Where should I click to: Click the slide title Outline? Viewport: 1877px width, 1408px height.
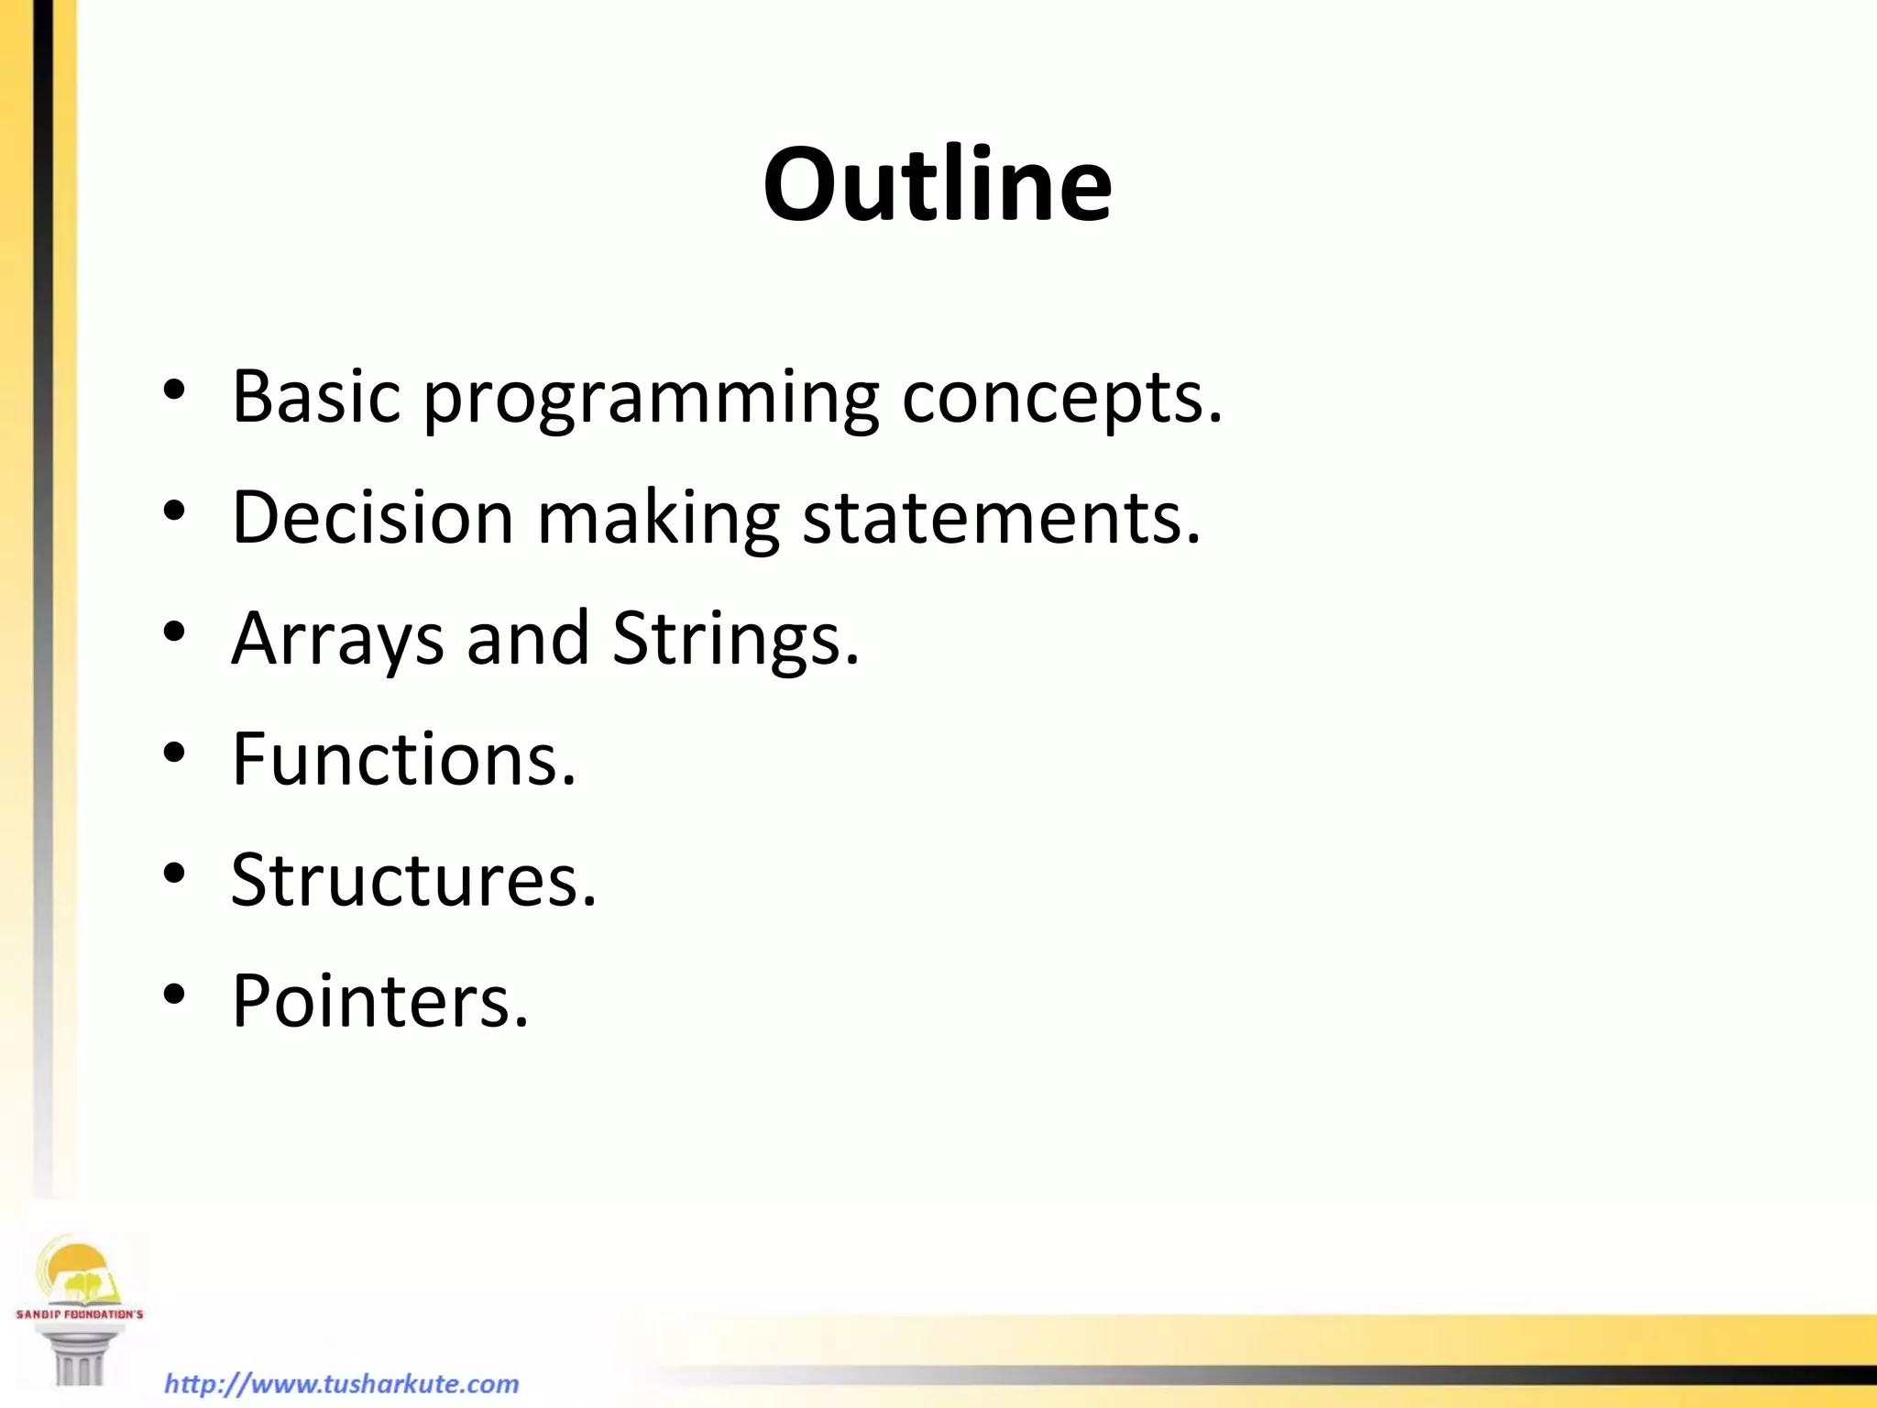937,185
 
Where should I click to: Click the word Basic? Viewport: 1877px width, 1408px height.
316,396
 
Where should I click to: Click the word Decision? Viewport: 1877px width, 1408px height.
372,517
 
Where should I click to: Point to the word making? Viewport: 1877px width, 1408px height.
657,519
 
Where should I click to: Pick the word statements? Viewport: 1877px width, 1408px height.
1000,519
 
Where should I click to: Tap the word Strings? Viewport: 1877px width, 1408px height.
735,640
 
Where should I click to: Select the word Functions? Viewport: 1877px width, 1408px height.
403,759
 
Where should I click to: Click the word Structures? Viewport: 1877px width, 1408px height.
412,880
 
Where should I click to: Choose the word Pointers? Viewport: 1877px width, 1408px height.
379,1001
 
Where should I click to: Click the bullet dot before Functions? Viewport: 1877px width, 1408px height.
174,753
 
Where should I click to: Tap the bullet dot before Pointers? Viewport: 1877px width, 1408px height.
174,995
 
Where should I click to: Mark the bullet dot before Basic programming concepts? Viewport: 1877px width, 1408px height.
174,390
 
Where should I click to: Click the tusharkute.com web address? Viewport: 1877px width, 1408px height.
341,1383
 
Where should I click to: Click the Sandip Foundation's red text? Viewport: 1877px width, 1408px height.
79,1314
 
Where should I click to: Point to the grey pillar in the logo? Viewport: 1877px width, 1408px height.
79,1357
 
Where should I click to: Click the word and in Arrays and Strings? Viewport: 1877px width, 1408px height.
527,638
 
